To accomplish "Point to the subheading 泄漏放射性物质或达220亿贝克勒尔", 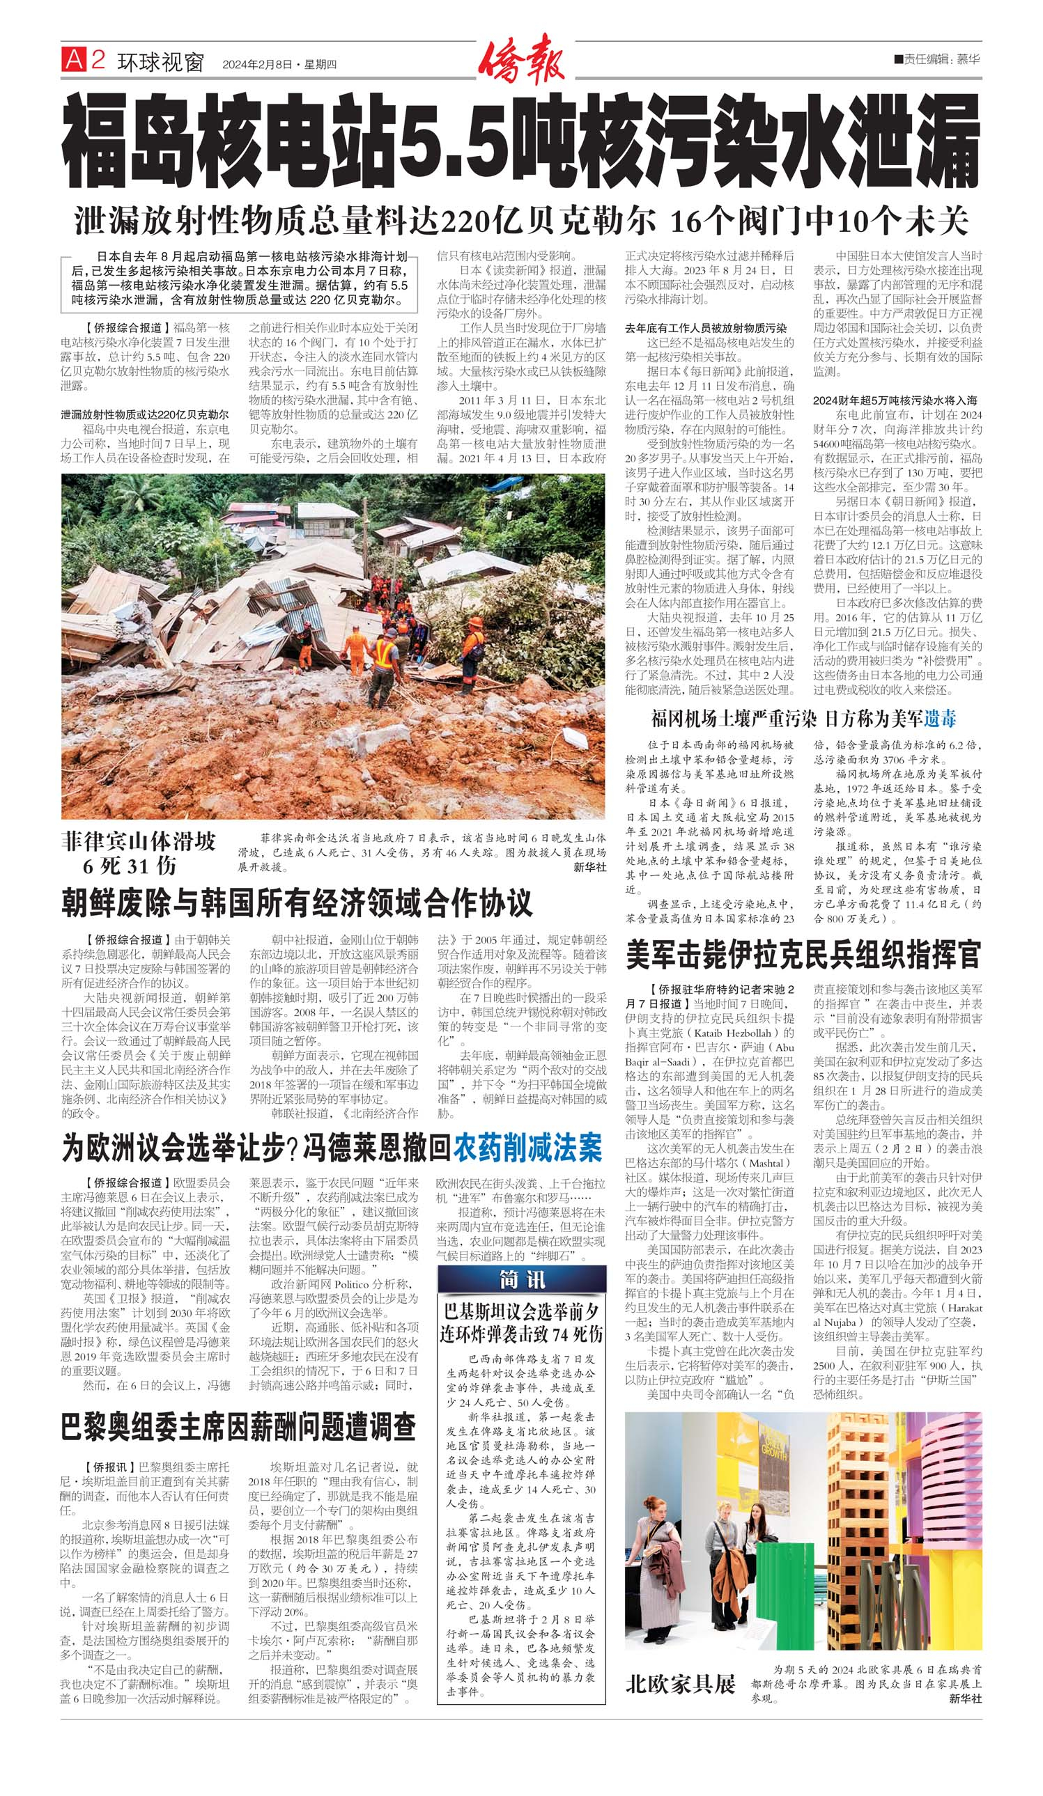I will pyautogui.click(x=145, y=414).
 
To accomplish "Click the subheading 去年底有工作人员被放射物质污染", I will pyautogui.click(x=706, y=328).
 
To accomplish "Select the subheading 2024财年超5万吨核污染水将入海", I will pyautogui.click(x=895, y=400).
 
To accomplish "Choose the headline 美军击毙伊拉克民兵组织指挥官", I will pyautogui.click(x=803, y=955).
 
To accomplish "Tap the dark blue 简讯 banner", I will pyautogui.click(x=521, y=1279).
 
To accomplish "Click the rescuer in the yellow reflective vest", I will pyautogui.click(x=385, y=662).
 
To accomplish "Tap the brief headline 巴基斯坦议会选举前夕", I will pyautogui.click(x=521, y=1311).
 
